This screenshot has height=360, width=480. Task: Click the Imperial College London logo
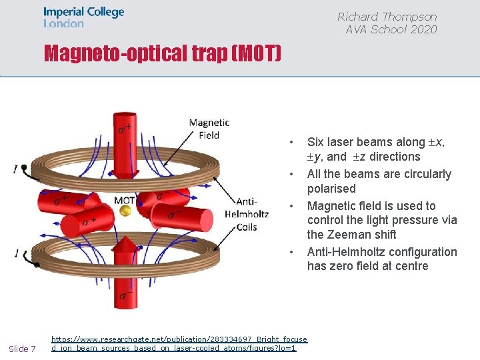click(x=83, y=18)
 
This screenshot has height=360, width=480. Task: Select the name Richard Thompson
click(x=387, y=17)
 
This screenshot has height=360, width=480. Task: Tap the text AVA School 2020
click(x=391, y=29)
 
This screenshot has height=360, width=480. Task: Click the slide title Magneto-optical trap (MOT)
click(x=163, y=54)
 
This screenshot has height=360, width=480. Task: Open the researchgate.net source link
click(x=179, y=344)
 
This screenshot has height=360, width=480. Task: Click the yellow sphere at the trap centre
click(x=125, y=211)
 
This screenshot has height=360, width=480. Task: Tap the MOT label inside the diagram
click(x=125, y=200)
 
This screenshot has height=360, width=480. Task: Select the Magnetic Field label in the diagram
click(x=209, y=129)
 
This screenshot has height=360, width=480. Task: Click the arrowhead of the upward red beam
click(x=125, y=243)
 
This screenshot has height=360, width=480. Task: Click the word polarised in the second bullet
click(x=331, y=189)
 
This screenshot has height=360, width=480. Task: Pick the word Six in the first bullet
click(x=317, y=142)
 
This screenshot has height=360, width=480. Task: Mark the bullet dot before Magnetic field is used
click(x=291, y=206)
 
